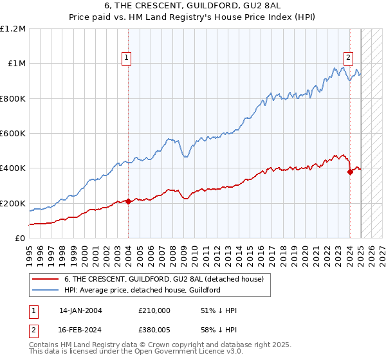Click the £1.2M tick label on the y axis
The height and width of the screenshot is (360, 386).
click(x=13, y=29)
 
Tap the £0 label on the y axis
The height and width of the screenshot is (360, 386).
click(x=20, y=239)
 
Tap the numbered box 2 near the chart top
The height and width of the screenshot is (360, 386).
click(x=348, y=57)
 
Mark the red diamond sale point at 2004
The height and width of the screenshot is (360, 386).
click(x=129, y=202)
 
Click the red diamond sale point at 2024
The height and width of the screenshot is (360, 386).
click(x=350, y=172)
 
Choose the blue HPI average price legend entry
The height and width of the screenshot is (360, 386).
click(x=142, y=291)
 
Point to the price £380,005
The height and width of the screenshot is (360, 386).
click(x=155, y=329)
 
